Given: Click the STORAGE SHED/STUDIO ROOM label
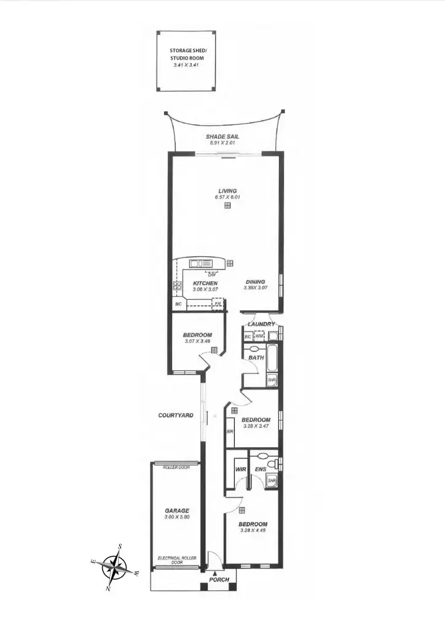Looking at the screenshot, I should pos(189,55).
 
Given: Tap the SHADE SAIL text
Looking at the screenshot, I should pos(223,137).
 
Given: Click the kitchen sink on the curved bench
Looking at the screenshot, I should pos(200,264).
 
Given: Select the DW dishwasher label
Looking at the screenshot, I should pos(211,274).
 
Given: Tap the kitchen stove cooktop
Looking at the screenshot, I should pos(177,286).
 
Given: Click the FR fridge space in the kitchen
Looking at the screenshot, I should pos(217,303).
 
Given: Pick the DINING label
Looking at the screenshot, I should pos(254,282).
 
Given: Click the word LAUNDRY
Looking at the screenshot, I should pos(261,324).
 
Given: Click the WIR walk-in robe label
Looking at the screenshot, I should pos(241,471).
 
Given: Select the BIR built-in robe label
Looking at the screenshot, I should pos(230,432).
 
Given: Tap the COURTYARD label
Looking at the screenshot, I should pos(176,415).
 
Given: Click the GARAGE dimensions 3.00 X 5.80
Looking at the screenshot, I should pos(176,517).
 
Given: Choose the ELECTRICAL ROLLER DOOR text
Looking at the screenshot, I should pos(176,560).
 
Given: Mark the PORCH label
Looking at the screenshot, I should pos(219,580).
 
